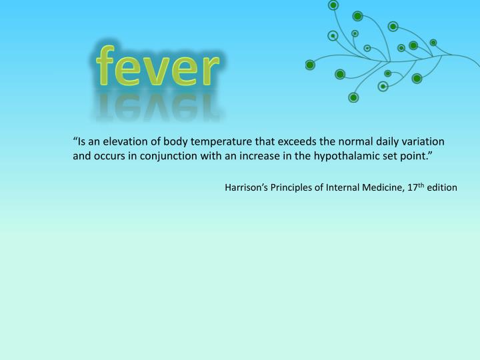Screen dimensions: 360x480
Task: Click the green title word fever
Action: click(x=157, y=69)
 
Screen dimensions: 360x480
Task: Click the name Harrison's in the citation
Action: click(x=246, y=187)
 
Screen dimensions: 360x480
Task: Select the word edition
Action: click(x=442, y=187)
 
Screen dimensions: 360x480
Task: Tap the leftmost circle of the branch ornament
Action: click(x=310, y=65)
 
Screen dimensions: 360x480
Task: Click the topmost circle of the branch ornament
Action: click(x=333, y=5)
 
